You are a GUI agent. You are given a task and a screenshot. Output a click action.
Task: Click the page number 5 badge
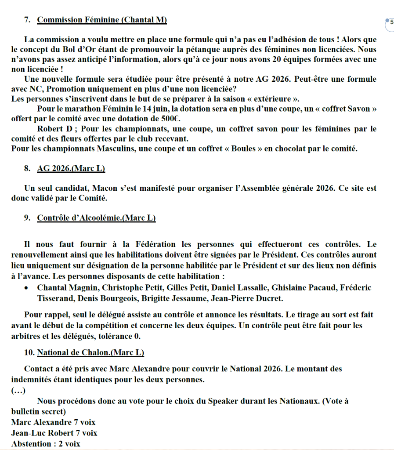tap(391, 22)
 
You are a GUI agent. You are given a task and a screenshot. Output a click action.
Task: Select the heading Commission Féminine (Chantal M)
tap(102, 20)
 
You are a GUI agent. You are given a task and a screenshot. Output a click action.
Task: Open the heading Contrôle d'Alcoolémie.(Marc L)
tap(96, 218)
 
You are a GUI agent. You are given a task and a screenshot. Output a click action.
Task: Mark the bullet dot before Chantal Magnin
tap(27, 288)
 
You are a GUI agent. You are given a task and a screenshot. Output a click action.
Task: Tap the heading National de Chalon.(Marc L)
tap(90, 352)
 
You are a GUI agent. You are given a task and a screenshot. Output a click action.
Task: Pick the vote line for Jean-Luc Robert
tap(54, 433)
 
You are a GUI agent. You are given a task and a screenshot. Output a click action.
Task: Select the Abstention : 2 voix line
tap(46, 443)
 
